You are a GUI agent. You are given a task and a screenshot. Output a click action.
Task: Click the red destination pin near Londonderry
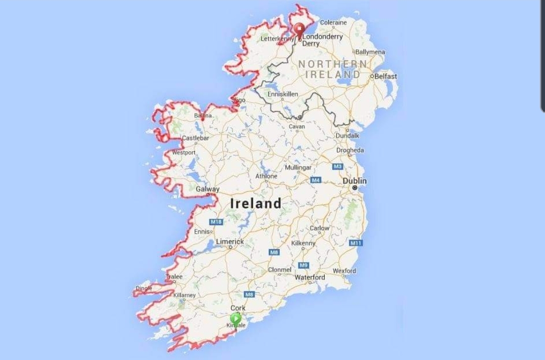[300, 29]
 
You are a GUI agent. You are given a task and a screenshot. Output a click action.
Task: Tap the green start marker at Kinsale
[235, 318]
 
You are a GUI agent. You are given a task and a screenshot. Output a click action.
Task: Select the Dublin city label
[355, 181]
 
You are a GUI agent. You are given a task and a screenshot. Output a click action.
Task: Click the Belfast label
[386, 76]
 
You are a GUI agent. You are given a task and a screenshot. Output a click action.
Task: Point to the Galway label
[208, 189]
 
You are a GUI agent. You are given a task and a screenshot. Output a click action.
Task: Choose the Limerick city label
[230, 242]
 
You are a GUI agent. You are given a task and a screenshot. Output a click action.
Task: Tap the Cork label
[238, 308]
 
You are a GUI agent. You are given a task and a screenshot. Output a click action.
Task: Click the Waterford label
[310, 278]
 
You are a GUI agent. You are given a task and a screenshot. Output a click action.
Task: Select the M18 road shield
[216, 222]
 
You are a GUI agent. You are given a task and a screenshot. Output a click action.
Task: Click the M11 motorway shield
[356, 243]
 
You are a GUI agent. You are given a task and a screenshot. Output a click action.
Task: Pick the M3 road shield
[337, 167]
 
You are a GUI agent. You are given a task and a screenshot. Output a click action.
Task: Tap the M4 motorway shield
[316, 180]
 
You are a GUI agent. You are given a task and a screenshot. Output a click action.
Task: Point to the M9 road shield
[304, 265]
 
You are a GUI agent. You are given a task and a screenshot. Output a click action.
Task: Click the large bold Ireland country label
[256, 203]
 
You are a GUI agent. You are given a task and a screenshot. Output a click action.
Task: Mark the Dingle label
[143, 289]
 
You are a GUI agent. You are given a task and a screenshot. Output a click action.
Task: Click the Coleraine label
[333, 22]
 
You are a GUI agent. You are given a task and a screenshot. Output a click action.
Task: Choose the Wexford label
[344, 271]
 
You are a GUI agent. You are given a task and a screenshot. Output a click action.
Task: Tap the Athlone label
[266, 176]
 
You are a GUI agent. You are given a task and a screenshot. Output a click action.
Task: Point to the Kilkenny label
[304, 243]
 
